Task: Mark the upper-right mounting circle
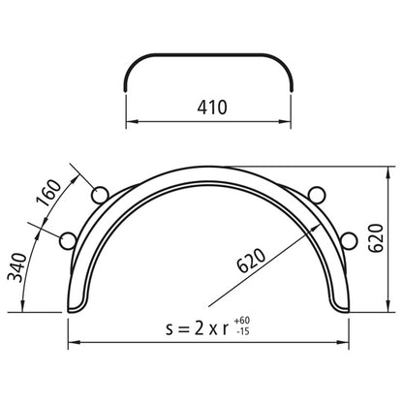(x=315, y=191)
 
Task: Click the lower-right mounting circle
(x=346, y=238)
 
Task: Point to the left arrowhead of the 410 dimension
(x=130, y=122)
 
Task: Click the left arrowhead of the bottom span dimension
(x=71, y=342)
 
